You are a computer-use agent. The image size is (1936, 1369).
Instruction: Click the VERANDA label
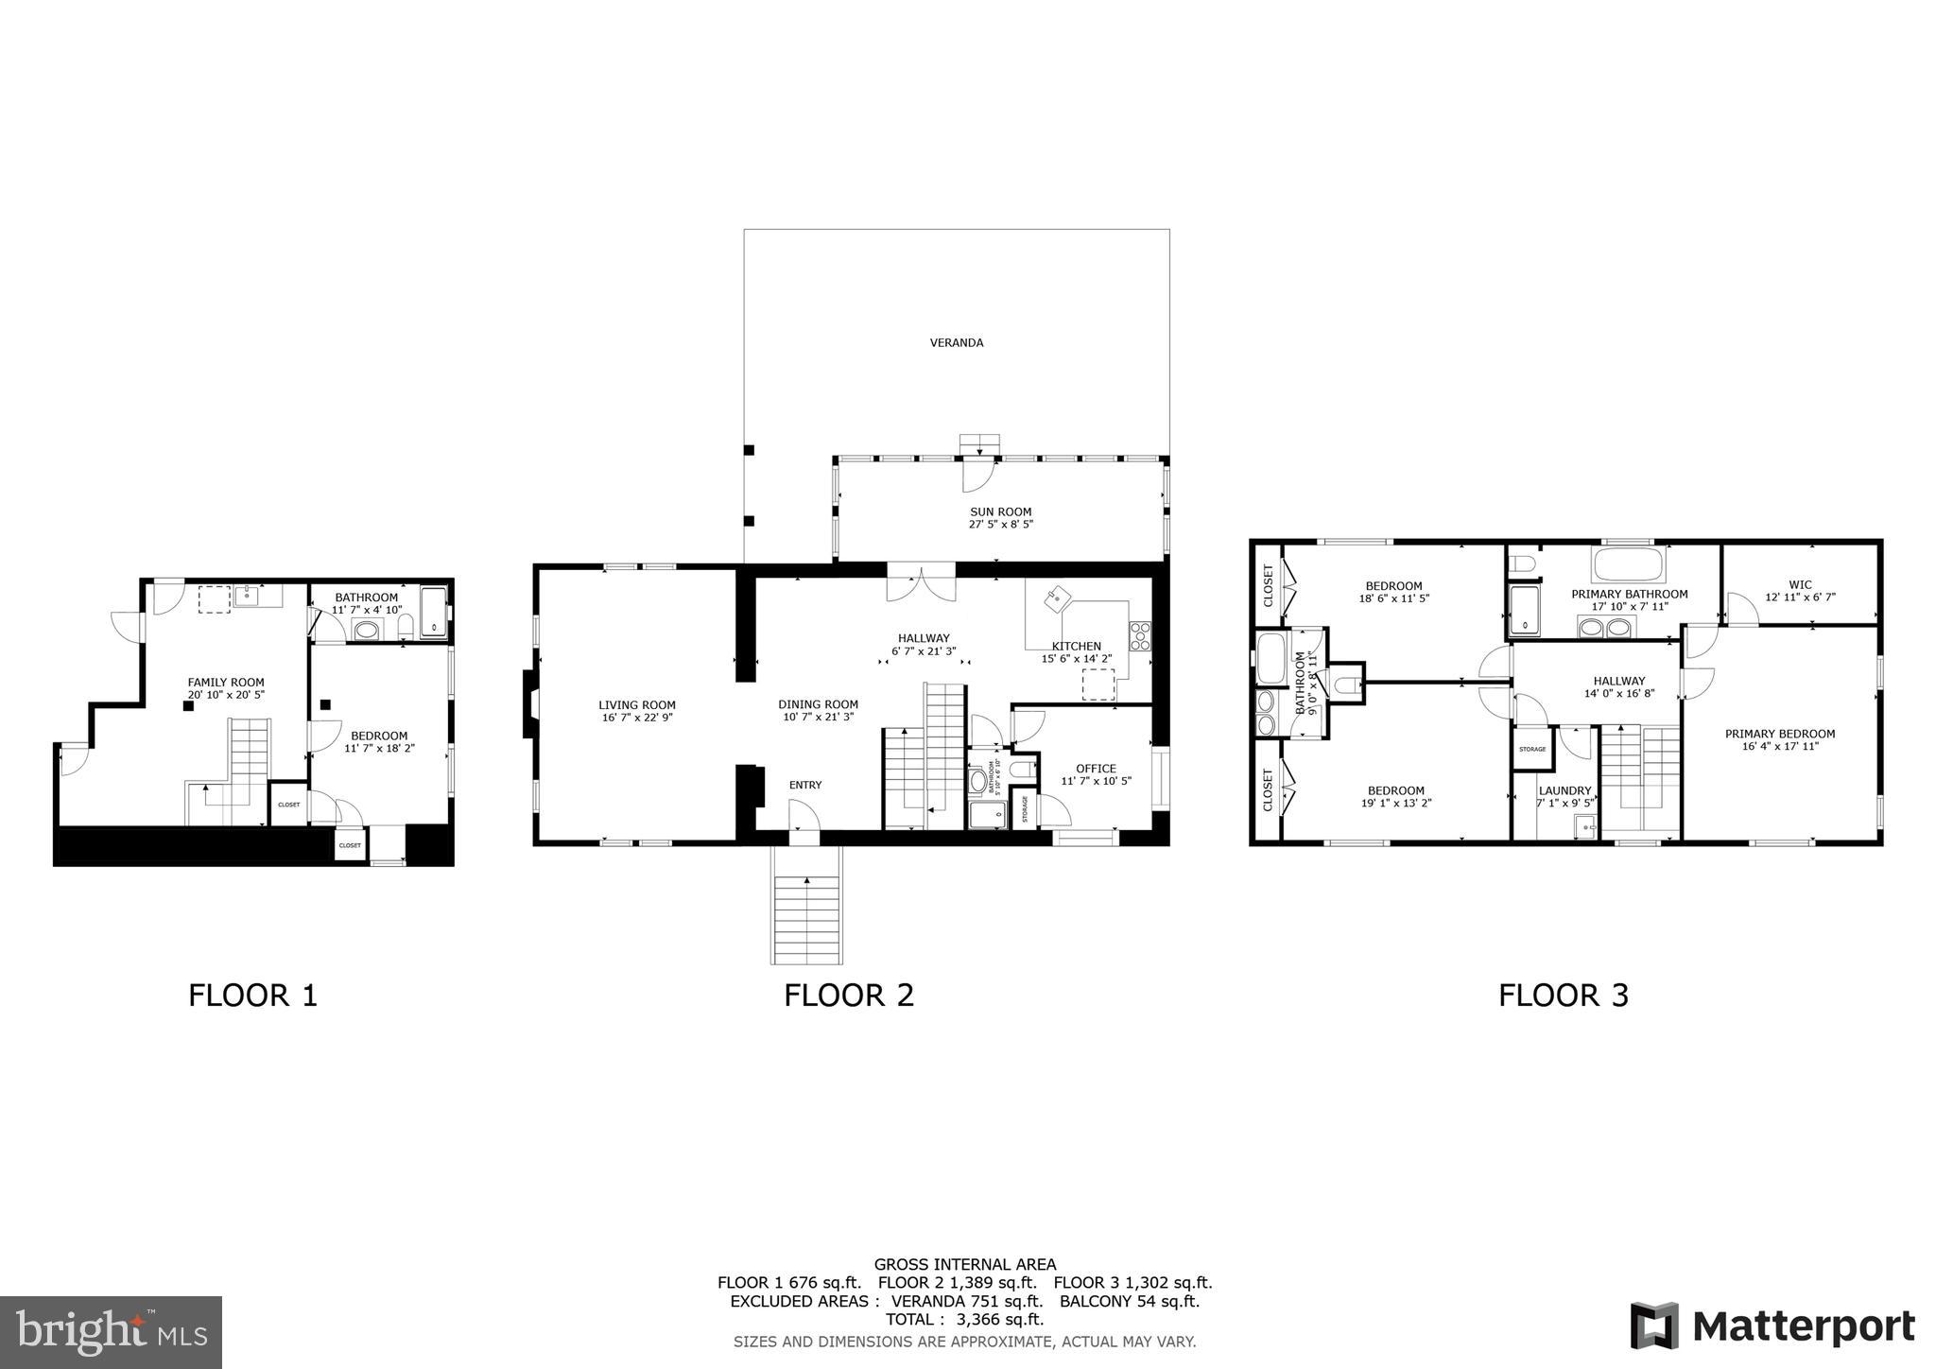(x=956, y=342)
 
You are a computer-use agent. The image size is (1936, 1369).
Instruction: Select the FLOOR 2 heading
(x=848, y=996)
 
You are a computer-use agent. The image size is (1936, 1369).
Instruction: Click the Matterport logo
(x=1772, y=1326)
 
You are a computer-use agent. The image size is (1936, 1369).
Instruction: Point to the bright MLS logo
(x=111, y=1332)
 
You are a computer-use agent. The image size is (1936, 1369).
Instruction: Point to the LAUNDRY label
(x=1564, y=790)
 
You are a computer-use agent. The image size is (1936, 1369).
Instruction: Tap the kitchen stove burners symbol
(x=1139, y=634)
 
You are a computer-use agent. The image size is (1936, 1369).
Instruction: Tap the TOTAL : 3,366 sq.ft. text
(x=964, y=1319)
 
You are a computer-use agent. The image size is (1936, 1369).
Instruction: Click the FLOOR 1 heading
(x=252, y=996)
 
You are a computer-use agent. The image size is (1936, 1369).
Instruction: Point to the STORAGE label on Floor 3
(x=1532, y=749)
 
